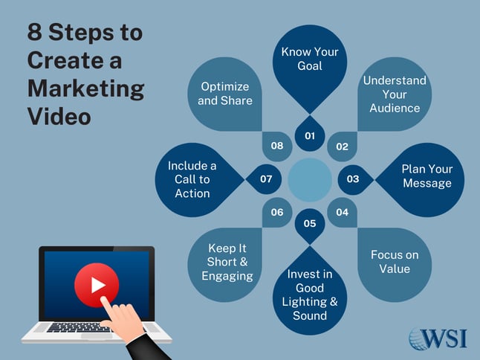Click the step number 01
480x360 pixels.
coord(310,136)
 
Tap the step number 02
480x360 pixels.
coord(342,147)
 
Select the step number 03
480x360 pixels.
coord(353,179)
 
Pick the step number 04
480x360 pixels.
coord(342,212)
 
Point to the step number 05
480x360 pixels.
coord(310,223)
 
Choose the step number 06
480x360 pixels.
coord(277,212)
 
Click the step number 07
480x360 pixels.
coord(267,179)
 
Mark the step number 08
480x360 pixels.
coord(277,146)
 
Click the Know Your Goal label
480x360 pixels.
coord(310,60)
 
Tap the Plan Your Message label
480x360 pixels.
coord(427,176)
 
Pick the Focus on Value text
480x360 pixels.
coord(395,261)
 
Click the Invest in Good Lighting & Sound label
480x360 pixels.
coord(310,295)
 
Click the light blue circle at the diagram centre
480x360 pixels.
coord(309,179)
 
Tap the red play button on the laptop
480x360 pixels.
coord(97,285)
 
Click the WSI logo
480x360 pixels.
coord(438,338)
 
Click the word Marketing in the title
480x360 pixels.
coord(85,89)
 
